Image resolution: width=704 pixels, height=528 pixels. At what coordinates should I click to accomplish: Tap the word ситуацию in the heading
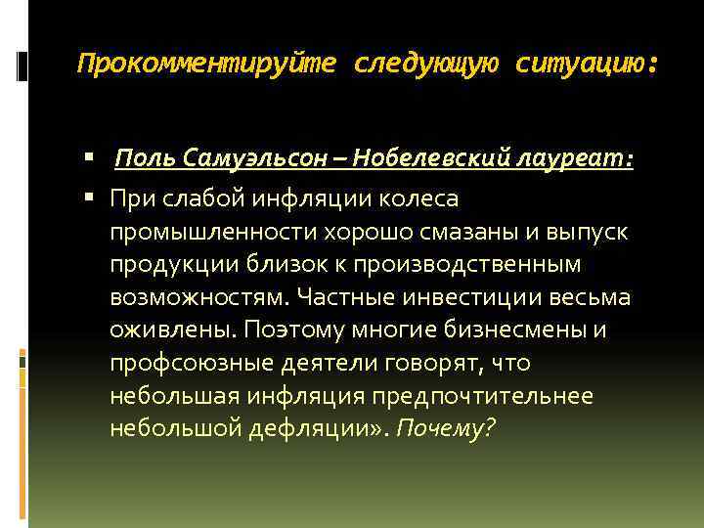pyautogui.click(x=580, y=65)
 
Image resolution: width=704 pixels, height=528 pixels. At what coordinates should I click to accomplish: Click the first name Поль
pyautogui.click(x=143, y=158)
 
